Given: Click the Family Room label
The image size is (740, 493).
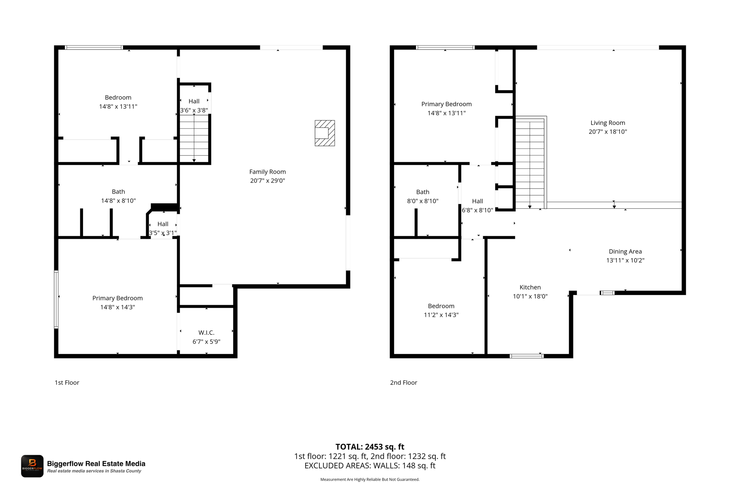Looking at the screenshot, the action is pyautogui.click(x=267, y=172).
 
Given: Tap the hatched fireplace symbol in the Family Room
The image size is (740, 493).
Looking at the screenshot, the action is pyautogui.click(x=324, y=133).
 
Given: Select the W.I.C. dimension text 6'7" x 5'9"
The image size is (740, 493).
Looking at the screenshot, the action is pyautogui.click(x=206, y=342).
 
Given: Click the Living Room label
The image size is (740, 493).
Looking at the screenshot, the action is pyautogui.click(x=608, y=123).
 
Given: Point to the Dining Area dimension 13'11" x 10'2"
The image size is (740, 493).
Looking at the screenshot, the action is pyautogui.click(x=625, y=260).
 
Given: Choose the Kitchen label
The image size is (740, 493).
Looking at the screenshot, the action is pyautogui.click(x=530, y=287).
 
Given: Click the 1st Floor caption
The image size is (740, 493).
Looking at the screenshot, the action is pyautogui.click(x=67, y=382).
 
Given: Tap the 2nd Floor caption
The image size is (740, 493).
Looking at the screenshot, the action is pyautogui.click(x=404, y=382).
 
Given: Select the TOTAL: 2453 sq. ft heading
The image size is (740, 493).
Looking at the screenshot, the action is pyautogui.click(x=370, y=447).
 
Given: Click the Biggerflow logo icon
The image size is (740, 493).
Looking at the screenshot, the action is pyautogui.click(x=32, y=466).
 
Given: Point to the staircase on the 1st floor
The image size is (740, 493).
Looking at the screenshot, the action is pyautogui.click(x=194, y=138).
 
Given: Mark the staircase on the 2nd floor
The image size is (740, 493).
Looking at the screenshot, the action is pyautogui.click(x=530, y=163).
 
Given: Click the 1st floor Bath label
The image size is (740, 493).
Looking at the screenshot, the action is pyautogui.click(x=118, y=192).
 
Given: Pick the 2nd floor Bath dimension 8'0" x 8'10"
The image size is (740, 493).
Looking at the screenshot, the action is pyautogui.click(x=423, y=201).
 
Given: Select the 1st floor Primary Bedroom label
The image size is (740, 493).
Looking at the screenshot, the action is pyautogui.click(x=117, y=298).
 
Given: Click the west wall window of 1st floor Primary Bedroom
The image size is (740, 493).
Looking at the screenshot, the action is pyautogui.click(x=56, y=299).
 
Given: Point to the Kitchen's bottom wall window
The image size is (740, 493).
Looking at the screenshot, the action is pyautogui.click(x=526, y=356).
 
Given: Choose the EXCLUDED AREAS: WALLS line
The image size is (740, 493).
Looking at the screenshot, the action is pyautogui.click(x=370, y=466).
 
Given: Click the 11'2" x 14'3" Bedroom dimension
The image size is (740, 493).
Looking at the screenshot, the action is pyautogui.click(x=441, y=315).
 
